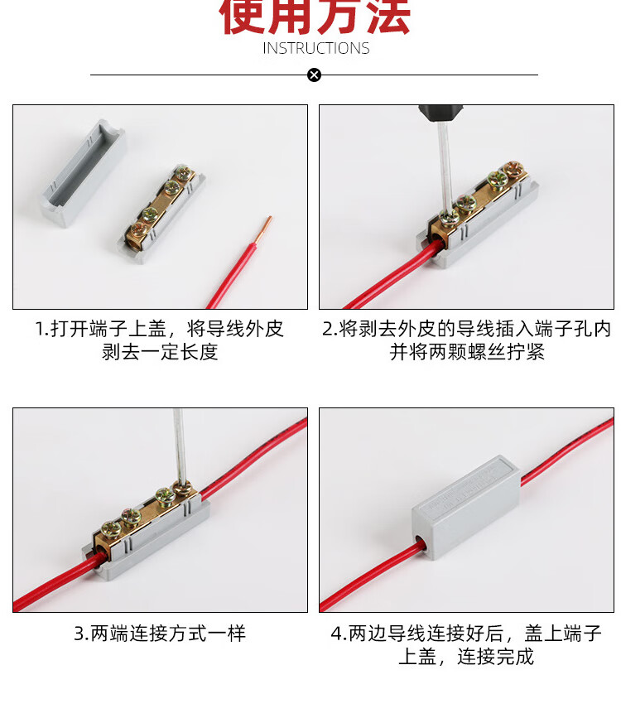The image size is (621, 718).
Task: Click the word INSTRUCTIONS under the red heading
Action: tap(315, 48)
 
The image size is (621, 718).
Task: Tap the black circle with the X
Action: tap(314, 75)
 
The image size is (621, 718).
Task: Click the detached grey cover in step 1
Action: tap(84, 173)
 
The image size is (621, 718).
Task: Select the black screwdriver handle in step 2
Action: tap(440, 113)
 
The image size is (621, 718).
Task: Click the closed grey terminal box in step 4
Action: tap(466, 508)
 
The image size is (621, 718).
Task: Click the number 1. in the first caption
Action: tap(41, 330)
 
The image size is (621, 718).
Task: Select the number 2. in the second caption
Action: tap(330, 330)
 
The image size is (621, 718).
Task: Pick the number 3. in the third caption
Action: tap(81, 634)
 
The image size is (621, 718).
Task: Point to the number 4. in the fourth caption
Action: tap(339, 634)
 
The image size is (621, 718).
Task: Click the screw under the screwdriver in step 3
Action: tap(183, 488)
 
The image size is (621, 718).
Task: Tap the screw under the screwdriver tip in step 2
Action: tap(450, 216)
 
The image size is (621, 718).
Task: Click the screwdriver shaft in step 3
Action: tap(179, 445)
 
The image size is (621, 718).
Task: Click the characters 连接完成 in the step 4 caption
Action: tap(495, 657)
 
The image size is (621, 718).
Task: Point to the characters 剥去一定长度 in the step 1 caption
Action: tap(160, 352)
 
